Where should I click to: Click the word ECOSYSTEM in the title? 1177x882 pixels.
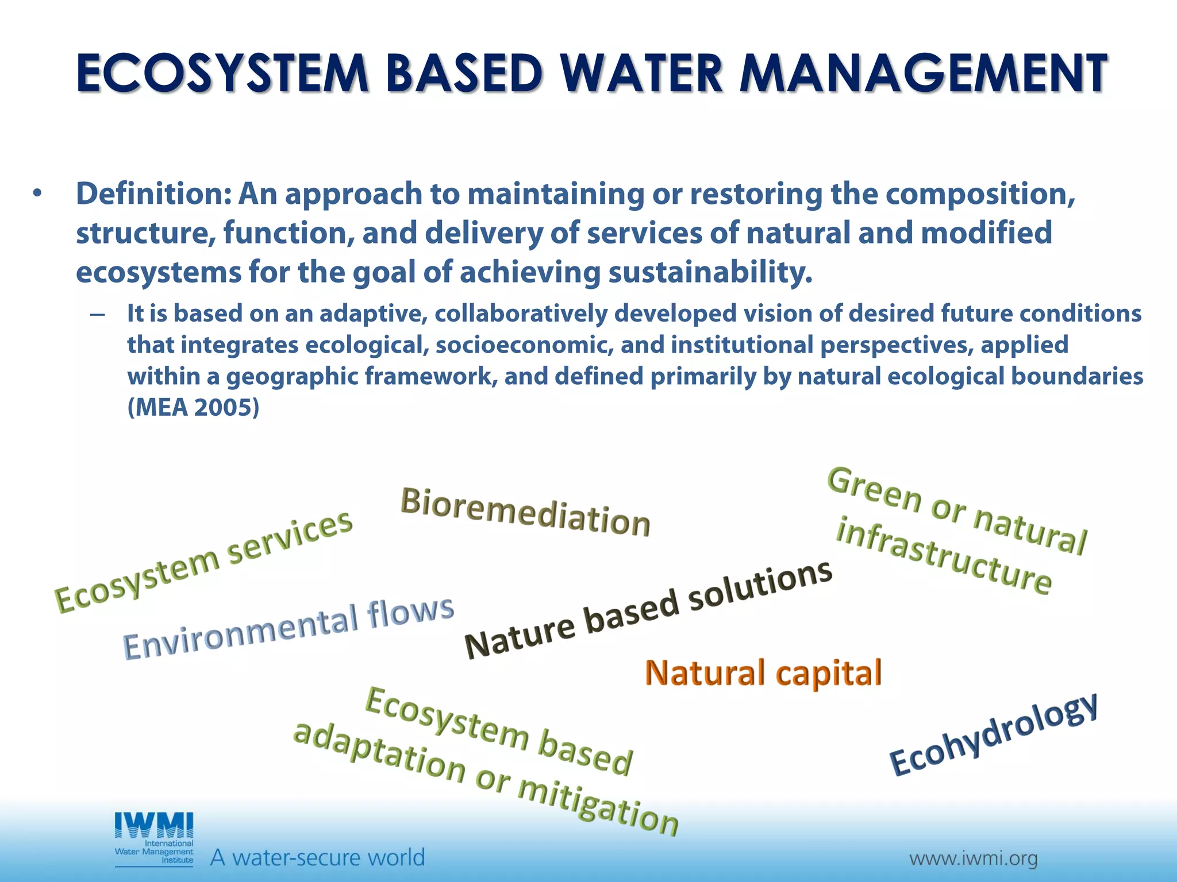point(221,73)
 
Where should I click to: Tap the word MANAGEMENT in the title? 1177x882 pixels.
point(923,73)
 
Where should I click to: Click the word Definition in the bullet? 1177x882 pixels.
point(152,194)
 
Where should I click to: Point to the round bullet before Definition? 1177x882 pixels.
point(37,194)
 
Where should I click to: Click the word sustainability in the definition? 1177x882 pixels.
point(710,272)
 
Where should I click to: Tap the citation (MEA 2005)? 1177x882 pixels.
point(193,408)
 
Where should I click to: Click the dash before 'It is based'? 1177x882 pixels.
point(97,315)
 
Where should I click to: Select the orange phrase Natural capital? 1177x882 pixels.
point(763,673)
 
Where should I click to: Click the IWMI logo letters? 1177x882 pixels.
point(154,826)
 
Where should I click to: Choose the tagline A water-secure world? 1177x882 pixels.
point(317,858)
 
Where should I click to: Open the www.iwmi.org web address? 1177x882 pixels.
point(973,859)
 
